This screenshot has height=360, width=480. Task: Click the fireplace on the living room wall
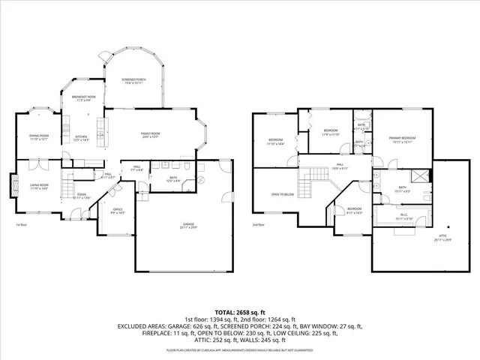13,185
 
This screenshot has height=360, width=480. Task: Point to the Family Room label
150,135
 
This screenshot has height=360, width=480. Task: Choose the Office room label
117,211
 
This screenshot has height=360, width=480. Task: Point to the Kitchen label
81,138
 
